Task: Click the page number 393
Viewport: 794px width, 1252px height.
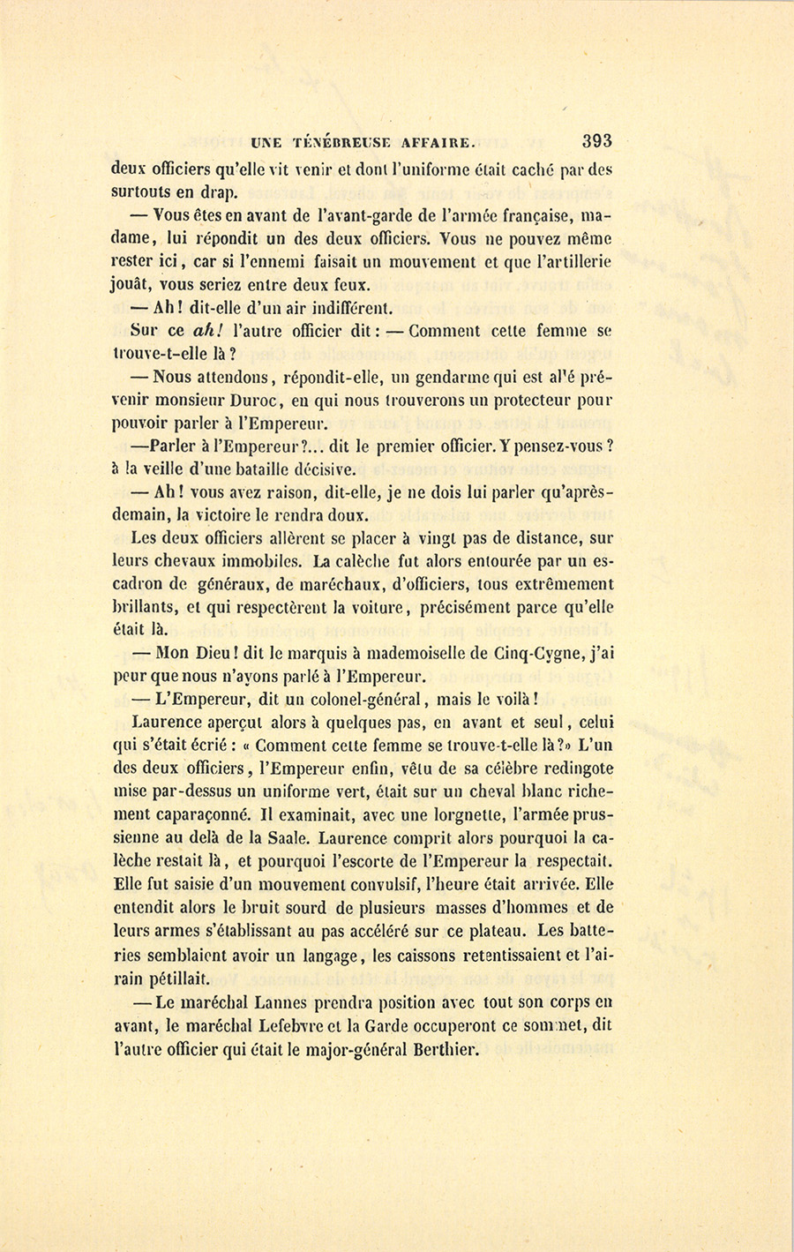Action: point(596,140)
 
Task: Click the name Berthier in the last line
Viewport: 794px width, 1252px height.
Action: point(438,1049)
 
